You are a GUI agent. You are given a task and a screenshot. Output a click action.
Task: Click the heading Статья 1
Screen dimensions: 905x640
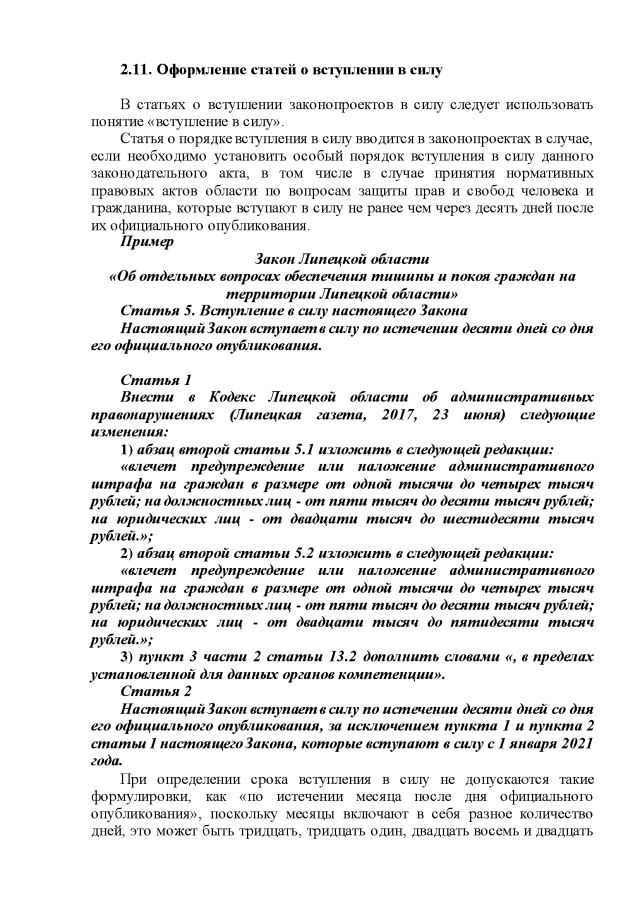pyautogui.click(x=156, y=380)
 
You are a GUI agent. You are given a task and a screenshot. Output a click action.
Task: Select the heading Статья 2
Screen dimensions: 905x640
pyautogui.click(x=156, y=691)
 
